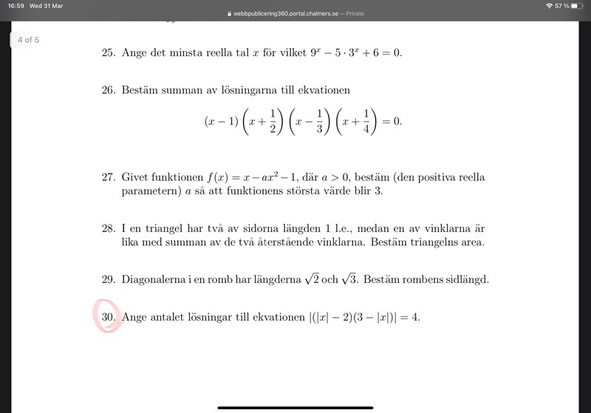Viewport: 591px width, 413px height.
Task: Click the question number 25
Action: point(108,53)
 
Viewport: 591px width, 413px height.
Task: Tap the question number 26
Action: point(108,90)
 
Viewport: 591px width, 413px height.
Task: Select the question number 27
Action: point(108,177)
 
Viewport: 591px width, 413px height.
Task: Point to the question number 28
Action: point(108,228)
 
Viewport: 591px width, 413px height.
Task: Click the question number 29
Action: point(108,280)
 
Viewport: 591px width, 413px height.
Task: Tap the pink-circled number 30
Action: point(109,318)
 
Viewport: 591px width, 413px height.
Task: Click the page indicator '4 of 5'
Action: point(29,40)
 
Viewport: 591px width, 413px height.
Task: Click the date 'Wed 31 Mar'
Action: point(46,5)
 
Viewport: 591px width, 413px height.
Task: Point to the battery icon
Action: point(577,5)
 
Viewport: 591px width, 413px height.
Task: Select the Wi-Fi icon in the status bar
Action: point(550,5)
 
